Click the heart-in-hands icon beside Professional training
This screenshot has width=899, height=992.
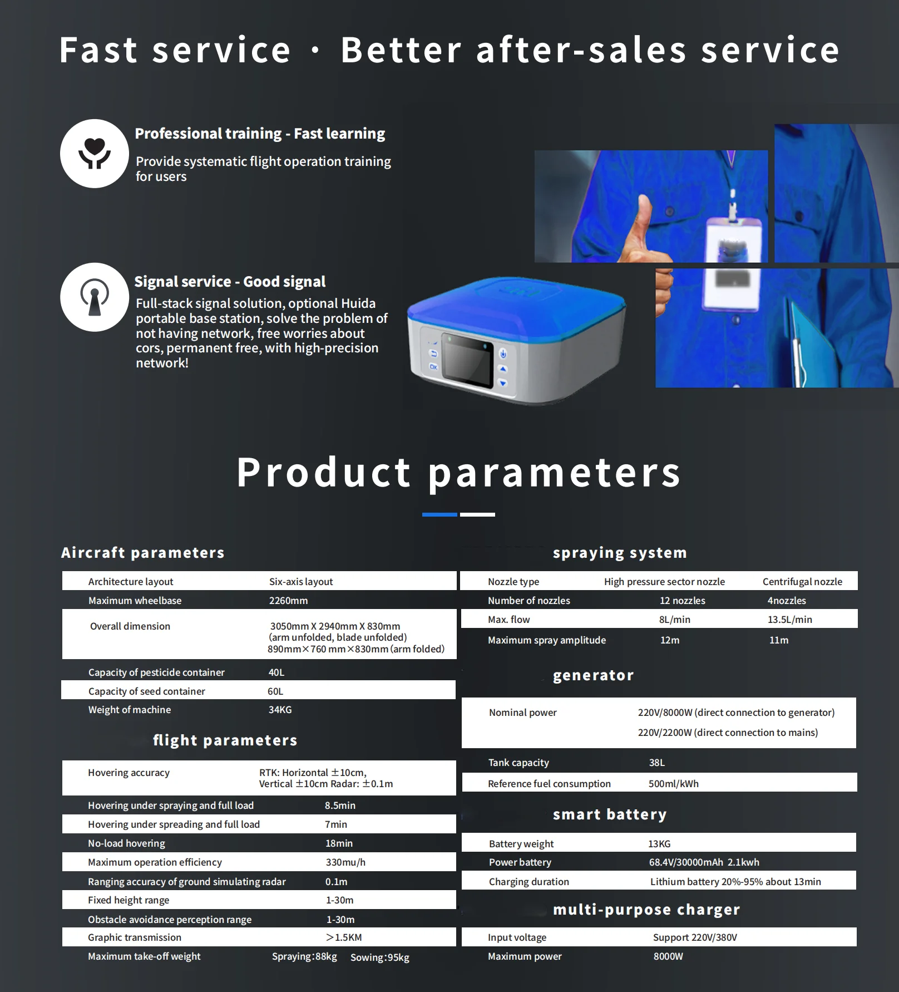click(95, 153)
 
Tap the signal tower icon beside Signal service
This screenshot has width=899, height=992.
click(95, 297)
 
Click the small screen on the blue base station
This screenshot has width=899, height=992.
click(467, 361)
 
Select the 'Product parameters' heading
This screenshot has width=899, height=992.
click(458, 472)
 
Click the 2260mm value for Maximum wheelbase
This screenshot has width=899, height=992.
click(288, 601)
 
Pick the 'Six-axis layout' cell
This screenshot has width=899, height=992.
click(301, 582)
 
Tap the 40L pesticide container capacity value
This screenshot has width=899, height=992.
click(276, 672)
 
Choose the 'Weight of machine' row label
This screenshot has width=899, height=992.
click(130, 710)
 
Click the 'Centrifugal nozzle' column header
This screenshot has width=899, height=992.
click(802, 582)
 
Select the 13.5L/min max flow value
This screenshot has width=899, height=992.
click(789, 620)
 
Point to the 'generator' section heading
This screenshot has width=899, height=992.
click(593, 675)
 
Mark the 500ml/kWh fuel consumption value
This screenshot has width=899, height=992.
click(673, 784)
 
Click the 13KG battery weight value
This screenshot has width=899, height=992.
click(659, 844)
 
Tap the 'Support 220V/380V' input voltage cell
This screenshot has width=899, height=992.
click(695, 937)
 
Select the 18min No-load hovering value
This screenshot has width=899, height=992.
click(339, 843)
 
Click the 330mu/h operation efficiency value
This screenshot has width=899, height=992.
click(345, 862)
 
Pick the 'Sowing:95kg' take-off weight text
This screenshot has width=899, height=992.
click(380, 957)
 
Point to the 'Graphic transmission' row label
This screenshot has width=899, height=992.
click(135, 937)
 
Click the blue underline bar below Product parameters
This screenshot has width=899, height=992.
click(439, 514)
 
